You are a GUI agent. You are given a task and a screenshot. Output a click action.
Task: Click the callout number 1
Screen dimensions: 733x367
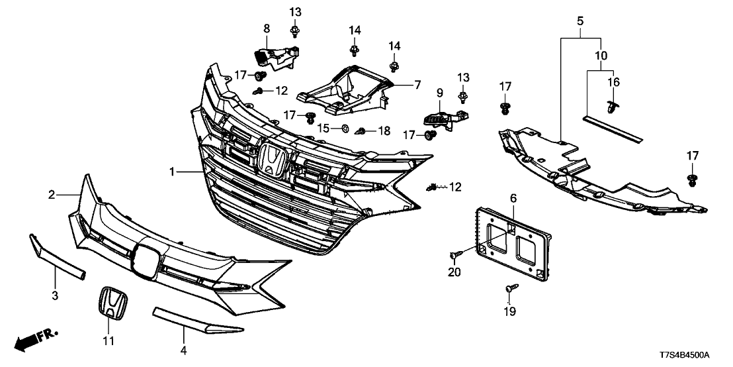point(172,172)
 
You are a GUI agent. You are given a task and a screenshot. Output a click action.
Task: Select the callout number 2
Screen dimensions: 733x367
point(52,194)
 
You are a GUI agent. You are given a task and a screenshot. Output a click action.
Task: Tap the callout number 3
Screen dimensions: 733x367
point(55,295)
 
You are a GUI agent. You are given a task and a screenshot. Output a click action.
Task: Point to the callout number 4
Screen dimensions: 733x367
point(184,350)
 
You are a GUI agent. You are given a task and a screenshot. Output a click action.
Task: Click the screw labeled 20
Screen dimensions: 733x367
point(455,254)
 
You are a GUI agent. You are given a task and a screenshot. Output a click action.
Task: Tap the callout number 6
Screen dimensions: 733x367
point(513,199)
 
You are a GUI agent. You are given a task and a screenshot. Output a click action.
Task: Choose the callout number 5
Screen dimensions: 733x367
point(580,21)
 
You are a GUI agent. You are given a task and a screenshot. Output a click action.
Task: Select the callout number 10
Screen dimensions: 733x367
point(601,56)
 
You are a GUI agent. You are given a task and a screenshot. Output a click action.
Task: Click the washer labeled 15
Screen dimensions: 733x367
point(345,127)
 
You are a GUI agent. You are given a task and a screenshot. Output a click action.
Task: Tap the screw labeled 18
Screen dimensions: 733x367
point(361,132)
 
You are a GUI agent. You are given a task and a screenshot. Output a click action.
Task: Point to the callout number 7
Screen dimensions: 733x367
point(417,85)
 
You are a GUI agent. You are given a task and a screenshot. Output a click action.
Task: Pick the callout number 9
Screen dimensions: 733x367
point(440,93)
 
